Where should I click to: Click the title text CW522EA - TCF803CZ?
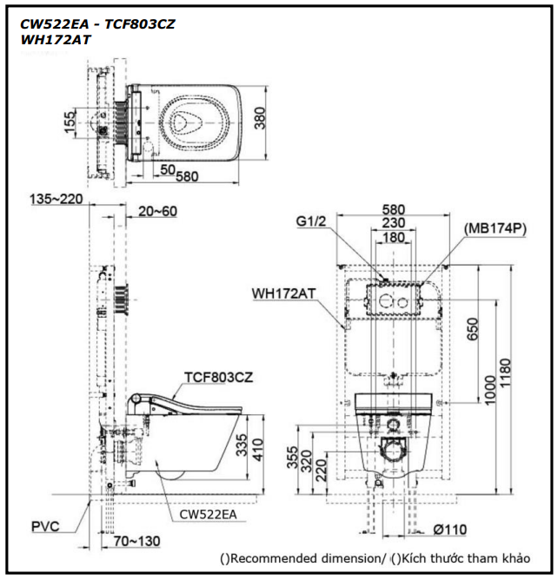[97, 24]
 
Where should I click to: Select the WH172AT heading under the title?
[56, 40]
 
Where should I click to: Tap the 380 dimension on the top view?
[260, 117]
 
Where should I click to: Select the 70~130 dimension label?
[136, 541]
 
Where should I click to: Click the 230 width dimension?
[395, 223]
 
